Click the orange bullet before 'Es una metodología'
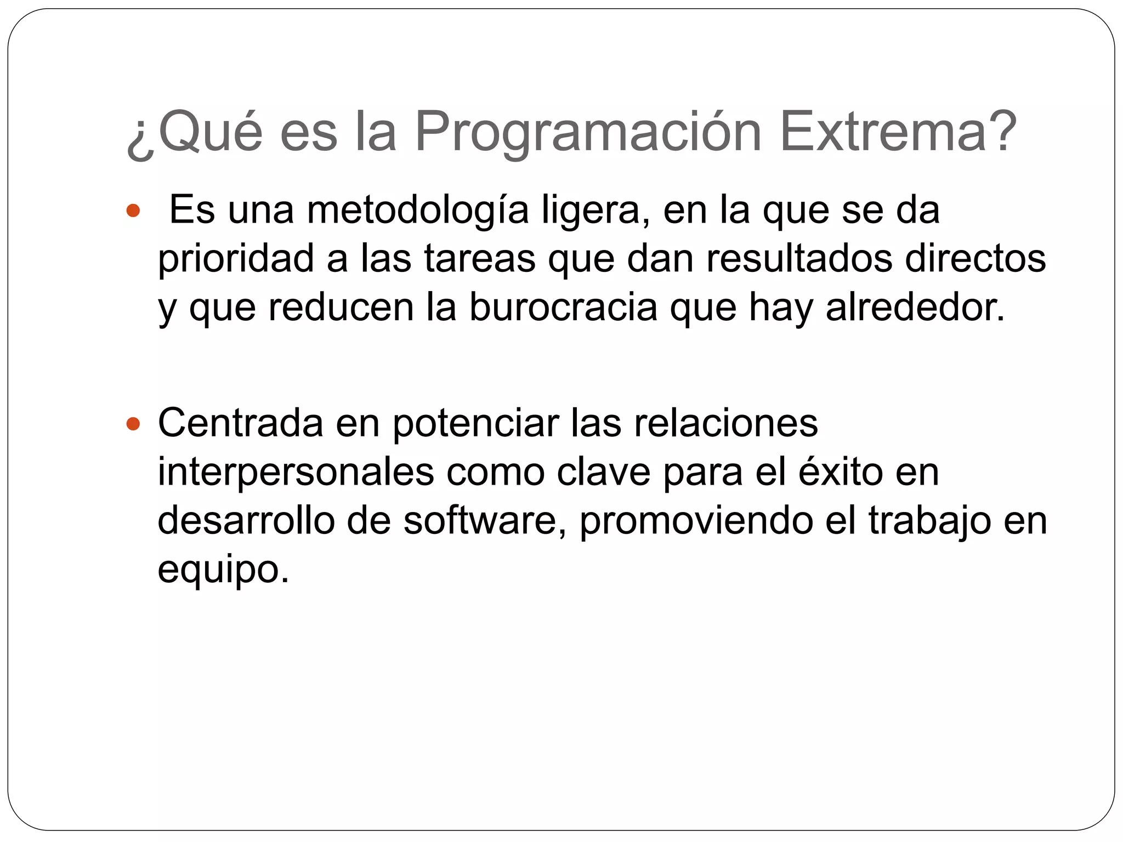point(133,210)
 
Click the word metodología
point(418,210)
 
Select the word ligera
point(595,210)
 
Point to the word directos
point(975,259)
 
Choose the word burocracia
point(563,308)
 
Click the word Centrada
point(240,423)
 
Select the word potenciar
point(475,423)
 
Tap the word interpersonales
point(296,472)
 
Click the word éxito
point(840,472)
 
